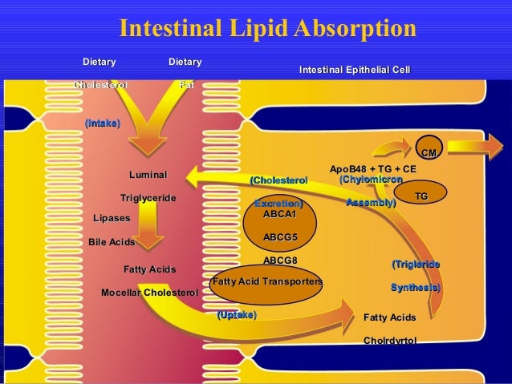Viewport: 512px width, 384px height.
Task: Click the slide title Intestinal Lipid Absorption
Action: pos(267,29)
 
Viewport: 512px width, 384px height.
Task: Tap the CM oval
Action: pos(429,152)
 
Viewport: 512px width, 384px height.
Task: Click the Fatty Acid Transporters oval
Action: pos(266,282)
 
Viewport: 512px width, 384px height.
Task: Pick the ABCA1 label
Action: pos(280,214)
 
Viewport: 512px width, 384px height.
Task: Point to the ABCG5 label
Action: pos(280,237)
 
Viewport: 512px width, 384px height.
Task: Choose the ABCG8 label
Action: pos(280,261)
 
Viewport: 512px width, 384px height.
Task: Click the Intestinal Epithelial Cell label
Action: pos(354,71)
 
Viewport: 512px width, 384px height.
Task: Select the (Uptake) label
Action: pos(237,315)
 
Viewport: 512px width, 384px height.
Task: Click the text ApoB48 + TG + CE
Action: pos(373,169)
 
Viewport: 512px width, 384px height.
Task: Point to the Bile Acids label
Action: pos(112,241)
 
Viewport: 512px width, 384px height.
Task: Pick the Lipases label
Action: pos(112,218)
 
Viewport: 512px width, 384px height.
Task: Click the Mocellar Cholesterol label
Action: pos(149,293)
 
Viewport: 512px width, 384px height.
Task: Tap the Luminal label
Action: pos(148,175)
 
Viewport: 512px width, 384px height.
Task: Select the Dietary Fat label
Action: pos(185,73)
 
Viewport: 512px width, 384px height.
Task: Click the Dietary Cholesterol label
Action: pos(100,73)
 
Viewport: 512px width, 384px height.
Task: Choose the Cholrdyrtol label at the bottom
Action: pos(390,341)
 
